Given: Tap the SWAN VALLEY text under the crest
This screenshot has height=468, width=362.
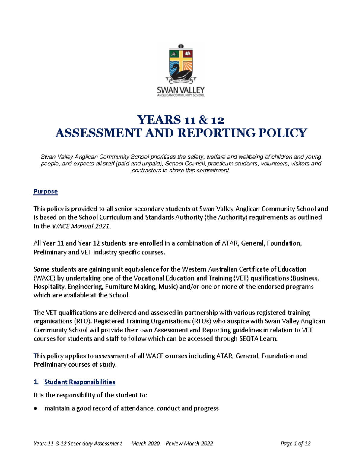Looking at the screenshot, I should [181, 90].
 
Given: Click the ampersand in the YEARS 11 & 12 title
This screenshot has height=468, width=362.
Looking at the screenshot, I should [203, 120].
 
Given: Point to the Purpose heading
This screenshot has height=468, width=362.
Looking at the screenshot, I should [46, 191].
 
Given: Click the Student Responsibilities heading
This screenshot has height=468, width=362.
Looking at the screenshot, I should [80, 382].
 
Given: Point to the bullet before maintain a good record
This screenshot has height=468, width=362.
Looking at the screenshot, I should [36, 409].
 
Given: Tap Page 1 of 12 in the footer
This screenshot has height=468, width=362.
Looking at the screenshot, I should [295, 443].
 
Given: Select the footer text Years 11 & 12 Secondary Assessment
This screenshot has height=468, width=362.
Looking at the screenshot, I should [78, 443].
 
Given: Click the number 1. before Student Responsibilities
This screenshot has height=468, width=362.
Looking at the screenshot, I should [36, 382].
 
